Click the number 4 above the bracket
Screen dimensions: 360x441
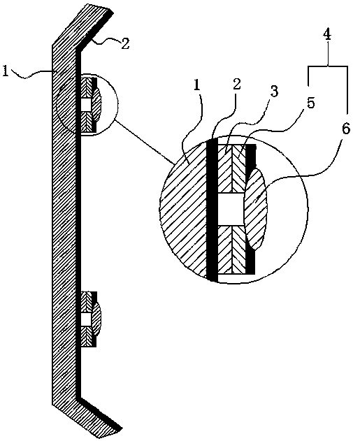[x=327, y=35]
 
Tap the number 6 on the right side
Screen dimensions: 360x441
[x=346, y=129]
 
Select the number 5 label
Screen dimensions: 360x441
[x=310, y=103]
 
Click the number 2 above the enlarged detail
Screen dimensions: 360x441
[x=237, y=84]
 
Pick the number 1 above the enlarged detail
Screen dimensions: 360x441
[x=197, y=86]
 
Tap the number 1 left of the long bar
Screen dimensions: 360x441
[x=5, y=71]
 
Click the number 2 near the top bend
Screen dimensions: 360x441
[x=125, y=44]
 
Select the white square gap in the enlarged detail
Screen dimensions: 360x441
[x=231, y=209]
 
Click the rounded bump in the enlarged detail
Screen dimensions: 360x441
[x=255, y=210]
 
